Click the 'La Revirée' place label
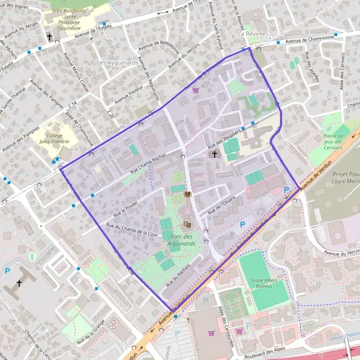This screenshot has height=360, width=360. click(250, 34)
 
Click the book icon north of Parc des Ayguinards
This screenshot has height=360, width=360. click(188, 196)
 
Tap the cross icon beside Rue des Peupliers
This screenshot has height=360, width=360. click(215, 154)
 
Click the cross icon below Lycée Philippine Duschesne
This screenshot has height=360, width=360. click(50, 37)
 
